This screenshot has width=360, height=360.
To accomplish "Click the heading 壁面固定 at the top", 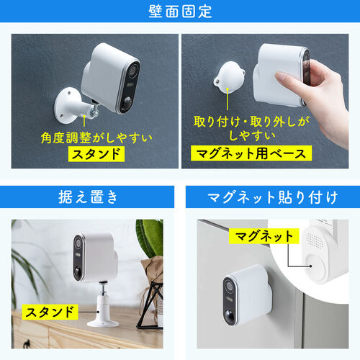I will pyautogui.click(x=180, y=12).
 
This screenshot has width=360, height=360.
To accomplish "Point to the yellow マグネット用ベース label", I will pyautogui.click(x=249, y=153).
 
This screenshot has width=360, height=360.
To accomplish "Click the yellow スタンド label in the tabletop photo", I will pyautogui.click(x=50, y=312).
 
